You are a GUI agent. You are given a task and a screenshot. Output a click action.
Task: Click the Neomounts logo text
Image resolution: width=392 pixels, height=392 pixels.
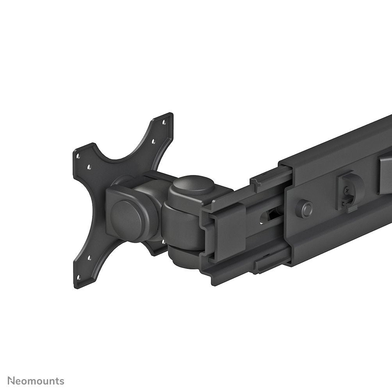coord(36,381)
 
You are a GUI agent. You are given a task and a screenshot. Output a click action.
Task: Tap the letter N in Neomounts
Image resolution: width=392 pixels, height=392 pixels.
coord(12,381)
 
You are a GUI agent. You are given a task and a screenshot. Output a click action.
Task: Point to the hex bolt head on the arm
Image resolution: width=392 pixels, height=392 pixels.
coord(304,208)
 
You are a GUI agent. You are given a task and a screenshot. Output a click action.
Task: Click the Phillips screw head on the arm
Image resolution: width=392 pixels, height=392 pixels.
coord(346,191)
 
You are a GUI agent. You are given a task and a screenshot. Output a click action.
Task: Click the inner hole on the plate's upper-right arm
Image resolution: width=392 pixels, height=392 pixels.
coord(153,141)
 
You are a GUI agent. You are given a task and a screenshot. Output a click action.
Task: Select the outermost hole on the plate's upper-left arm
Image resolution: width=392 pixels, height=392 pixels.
coord(78,156)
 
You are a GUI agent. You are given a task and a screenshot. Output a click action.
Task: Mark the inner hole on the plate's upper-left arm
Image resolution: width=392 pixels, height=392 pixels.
coord(89,167)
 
